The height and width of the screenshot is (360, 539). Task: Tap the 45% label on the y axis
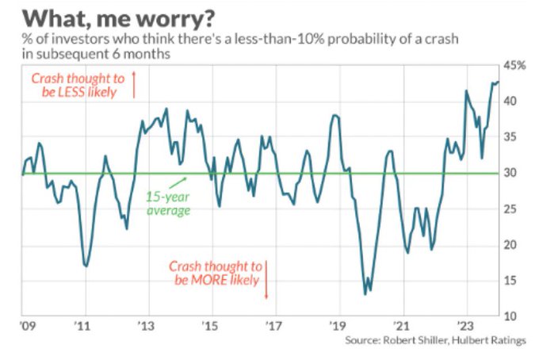516,65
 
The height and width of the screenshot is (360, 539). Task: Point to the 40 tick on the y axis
512,101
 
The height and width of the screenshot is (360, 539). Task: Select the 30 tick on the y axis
512,173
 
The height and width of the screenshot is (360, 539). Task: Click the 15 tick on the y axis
512,281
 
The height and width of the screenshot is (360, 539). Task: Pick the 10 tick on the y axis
512,316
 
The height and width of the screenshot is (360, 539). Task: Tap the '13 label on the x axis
146,325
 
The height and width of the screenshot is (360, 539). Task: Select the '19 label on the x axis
339,325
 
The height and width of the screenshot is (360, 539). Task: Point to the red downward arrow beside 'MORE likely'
266,279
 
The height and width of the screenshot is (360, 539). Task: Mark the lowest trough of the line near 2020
365,293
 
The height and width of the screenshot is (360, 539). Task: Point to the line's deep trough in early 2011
86,266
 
